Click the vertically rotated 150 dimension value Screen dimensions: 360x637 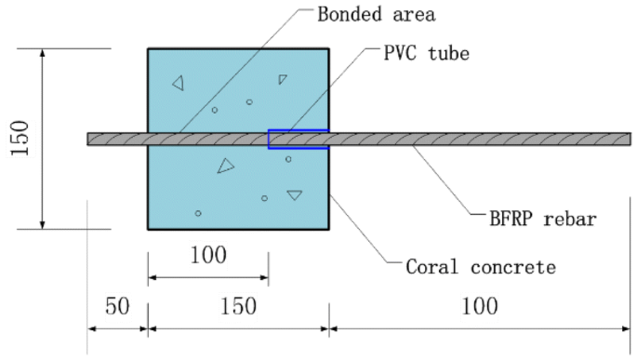click(21, 139)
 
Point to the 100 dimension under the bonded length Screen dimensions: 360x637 click(206, 254)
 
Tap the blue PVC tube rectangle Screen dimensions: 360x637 click(298, 140)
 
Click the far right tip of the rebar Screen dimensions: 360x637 click(628, 139)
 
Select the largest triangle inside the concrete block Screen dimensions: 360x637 click(225, 167)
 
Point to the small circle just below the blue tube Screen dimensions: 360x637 click(288, 159)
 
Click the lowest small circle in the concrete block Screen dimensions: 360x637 click(198, 213)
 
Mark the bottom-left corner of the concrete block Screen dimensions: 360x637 click(148, 228)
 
